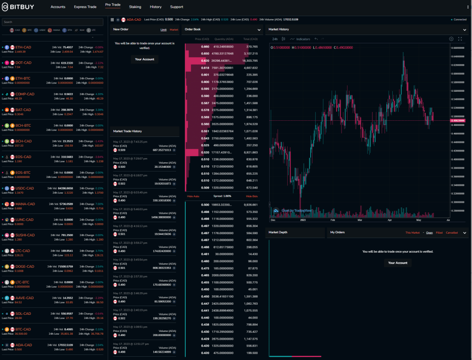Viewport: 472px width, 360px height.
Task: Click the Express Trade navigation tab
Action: (x=85, y=7)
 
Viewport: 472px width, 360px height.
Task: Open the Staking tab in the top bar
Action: (x=135, y=7)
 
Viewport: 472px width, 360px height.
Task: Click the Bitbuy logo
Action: (x=21, y=7)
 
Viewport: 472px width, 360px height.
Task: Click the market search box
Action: (x=53, y=22)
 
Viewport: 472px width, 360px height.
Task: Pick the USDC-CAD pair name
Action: (x=24, y=188)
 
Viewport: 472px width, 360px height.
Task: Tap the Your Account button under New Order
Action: (x=145, y=59)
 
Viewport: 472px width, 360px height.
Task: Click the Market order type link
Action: (x=174, y=30)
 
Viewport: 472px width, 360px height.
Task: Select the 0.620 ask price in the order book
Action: (x=205, y=60)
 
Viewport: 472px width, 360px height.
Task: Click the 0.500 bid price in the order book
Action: (x=205, y=204)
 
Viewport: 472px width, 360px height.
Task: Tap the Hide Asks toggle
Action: (x=193, y=196)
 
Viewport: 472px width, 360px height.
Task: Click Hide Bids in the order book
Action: (x=252, y=196)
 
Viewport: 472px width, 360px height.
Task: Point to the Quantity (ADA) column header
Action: (x=224, y=39)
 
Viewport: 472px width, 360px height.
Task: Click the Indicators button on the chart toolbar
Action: (x=303, y=39)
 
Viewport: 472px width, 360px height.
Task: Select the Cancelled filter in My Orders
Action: (x=452, y=233)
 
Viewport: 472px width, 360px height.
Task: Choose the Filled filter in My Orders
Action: (x=439, y=233)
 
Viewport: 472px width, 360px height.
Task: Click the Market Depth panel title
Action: (x=278, y=232)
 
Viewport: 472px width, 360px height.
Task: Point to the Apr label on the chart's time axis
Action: (x=390, y=220)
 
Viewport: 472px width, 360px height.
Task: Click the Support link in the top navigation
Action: (x=177, y=7)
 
